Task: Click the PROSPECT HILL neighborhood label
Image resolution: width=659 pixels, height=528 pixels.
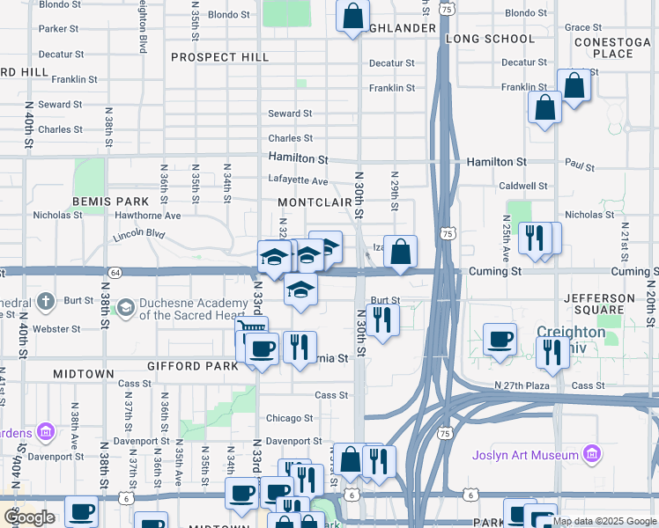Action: (x=219, y=57)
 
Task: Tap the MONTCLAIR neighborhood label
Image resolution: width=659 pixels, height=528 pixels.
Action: (x=315, y=202)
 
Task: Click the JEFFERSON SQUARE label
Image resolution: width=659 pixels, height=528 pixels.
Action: (x=599, y=304)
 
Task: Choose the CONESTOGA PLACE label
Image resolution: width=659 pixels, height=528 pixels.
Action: (x=614, y=48)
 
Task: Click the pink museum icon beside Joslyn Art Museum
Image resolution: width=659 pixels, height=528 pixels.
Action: (x=592, y=455)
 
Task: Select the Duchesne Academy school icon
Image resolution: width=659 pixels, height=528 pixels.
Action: (x=125, y=307)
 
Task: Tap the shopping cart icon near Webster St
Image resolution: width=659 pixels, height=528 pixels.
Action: (x=250, y=331)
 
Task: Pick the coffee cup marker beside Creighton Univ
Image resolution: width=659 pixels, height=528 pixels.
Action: (x=500, y=339)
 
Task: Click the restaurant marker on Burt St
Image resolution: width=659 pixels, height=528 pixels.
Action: (x=381, y=319)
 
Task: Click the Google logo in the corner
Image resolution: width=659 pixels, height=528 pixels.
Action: (x=29, y=517)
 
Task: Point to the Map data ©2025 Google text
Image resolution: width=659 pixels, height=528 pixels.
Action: (x=603, y=521)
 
